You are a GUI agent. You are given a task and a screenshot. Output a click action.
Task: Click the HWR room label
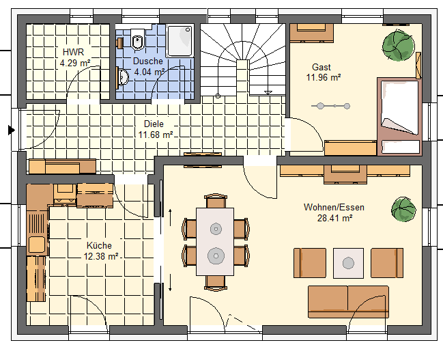click(x=73, y=52)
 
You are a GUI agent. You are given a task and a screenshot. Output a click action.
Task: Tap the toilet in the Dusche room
click(x=138, y=39)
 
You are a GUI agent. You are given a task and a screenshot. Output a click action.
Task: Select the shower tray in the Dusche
click(x=180, y=41)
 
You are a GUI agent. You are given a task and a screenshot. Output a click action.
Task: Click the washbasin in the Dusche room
click(x=124, y=77)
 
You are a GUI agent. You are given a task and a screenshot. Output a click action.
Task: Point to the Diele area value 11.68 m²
click(x=156, y=135)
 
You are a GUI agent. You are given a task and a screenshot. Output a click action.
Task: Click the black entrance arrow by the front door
click(x=12, y=130)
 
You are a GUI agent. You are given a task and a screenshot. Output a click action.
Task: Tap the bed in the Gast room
click(x=399, y=116)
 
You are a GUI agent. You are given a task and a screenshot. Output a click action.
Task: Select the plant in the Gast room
click(x=399, y=46)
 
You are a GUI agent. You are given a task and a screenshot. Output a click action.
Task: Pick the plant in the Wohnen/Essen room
click(x=403, y=210)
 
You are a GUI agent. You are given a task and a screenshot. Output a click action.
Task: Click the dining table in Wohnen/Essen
click(x=215, y=242)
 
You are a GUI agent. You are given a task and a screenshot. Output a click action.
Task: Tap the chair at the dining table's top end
click(x=215, y=201)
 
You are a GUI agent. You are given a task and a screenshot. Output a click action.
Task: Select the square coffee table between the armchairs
click(x=348, y=263)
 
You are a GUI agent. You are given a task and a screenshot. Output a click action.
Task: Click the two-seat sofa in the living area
click(x=348, y=302)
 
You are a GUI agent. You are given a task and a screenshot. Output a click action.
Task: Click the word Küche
click(x=99, y=245)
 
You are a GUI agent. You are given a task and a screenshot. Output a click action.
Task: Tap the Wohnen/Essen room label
click(x=334, y=207)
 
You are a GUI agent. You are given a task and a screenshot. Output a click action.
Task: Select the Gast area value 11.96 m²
click(x=324, y=77)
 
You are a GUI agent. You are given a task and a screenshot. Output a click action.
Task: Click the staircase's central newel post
click(x=243, y=77)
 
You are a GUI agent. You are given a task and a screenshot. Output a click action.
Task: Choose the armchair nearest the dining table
click(x=310, y=263)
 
